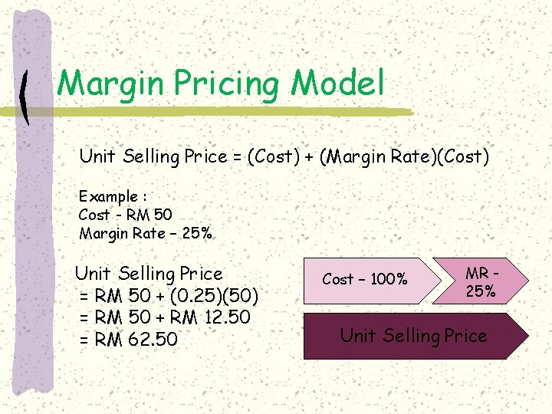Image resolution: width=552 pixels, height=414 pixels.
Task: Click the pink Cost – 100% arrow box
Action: pyautogui.click(x=364, y=280)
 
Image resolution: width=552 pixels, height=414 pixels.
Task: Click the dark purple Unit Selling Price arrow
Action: pyautogui.click(x=414, y=336)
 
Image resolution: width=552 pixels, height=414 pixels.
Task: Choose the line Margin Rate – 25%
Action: pyautogui.click(x=145, y=233)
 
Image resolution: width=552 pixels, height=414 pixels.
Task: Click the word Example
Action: pyautogui.click(x=107, y=196)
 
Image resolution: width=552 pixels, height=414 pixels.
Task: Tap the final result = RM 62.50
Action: pyautogui.click(x=128, y=339)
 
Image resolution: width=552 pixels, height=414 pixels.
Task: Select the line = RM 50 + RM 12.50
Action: pyautogui.click(x=165, y=317)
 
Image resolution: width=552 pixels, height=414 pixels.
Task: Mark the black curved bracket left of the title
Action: pyautogui.click(x=25, y=97)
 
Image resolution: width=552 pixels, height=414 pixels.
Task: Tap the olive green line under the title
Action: pyautogui.click(x=230, y=112)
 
